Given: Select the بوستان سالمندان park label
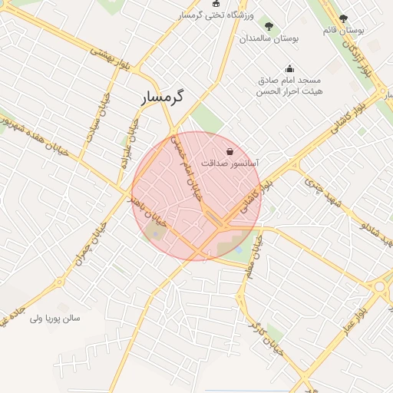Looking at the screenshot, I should (269, 37).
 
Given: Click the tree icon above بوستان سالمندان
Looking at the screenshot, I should (268, 25).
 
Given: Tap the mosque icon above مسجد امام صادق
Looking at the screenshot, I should (289, 68).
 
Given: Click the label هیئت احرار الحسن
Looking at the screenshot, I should (292, 91).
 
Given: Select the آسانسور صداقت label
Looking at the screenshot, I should (230, 163).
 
